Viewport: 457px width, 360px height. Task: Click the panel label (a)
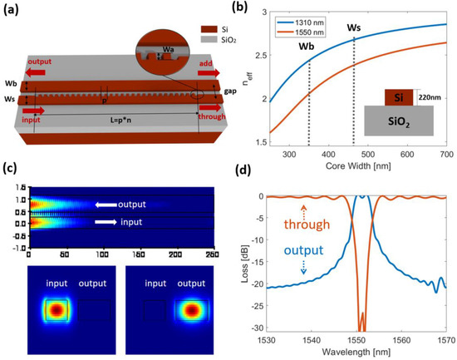coord(14,10)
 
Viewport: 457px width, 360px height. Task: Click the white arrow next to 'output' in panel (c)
coord(106,205)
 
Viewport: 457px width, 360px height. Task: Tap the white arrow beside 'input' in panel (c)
coord(106,223)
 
